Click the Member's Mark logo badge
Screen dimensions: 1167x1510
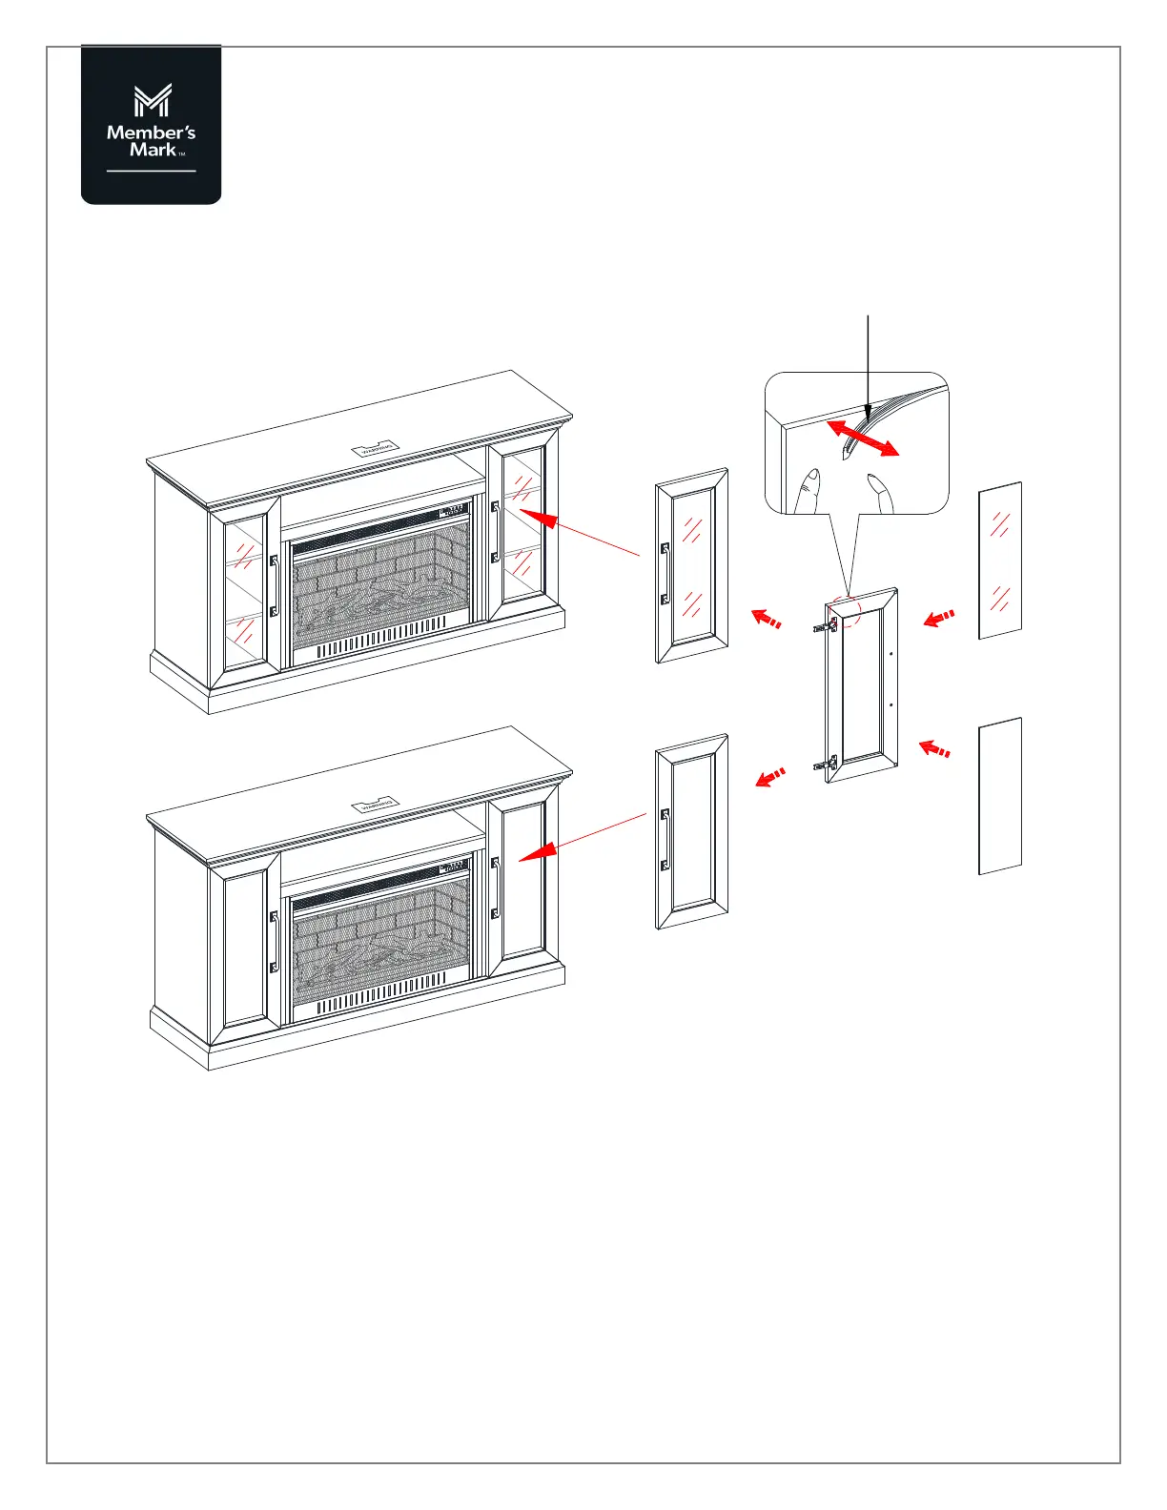pos(152,125)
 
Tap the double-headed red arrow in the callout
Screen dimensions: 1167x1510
pos(862,439)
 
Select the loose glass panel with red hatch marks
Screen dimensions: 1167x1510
pos(1000,561)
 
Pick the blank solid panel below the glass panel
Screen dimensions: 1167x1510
pos(1000,796)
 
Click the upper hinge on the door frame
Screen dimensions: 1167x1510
pos(826,626)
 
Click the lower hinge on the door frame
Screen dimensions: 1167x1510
pos(826,763)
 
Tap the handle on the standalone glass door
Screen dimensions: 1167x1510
pos(665,574)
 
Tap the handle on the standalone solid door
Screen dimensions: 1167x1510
pos(665,839)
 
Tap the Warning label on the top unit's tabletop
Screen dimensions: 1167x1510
pos(377,447)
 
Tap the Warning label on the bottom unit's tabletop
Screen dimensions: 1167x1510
pos(377,805)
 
